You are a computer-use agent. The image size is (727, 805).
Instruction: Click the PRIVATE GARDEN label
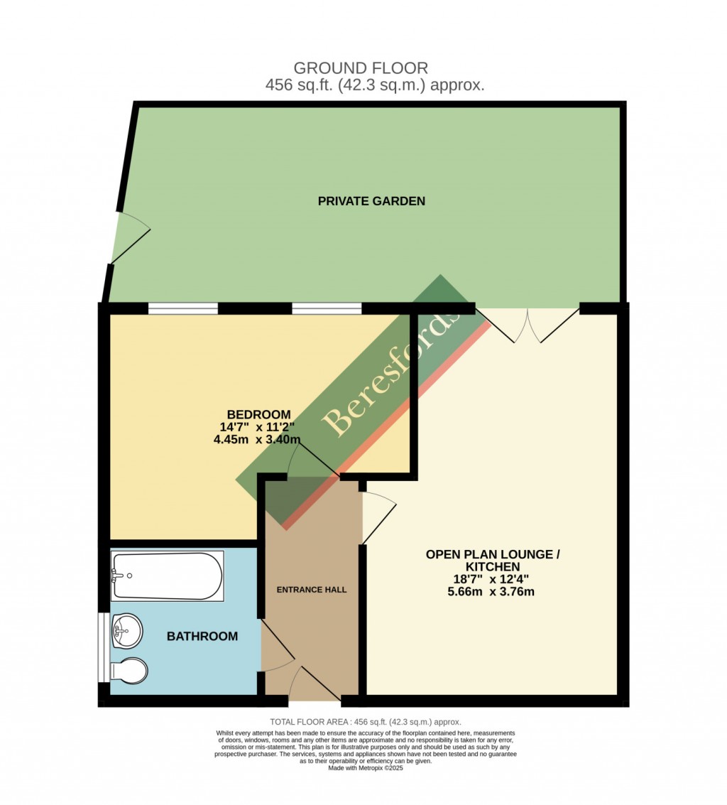[371, 201]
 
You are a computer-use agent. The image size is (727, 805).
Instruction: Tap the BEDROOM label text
[258, 415]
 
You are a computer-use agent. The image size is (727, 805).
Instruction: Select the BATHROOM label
[202, 637]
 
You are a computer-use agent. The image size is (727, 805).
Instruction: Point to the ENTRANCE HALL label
[311, 590]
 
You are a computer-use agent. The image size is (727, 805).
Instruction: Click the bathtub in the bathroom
[168, 576]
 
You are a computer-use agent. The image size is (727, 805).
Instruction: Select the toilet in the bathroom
[129, 670]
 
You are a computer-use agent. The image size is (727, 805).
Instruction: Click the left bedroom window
[183, 308]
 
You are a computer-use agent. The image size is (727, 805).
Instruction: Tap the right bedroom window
[327, 308]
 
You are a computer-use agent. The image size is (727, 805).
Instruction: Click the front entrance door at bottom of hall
[315, 686]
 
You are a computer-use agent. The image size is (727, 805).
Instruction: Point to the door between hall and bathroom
[278, 646]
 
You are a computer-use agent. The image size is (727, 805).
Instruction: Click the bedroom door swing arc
[312, 459]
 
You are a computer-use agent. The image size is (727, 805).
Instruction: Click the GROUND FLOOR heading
[361, 68]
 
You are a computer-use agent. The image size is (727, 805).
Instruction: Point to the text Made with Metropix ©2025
[366, 767]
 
